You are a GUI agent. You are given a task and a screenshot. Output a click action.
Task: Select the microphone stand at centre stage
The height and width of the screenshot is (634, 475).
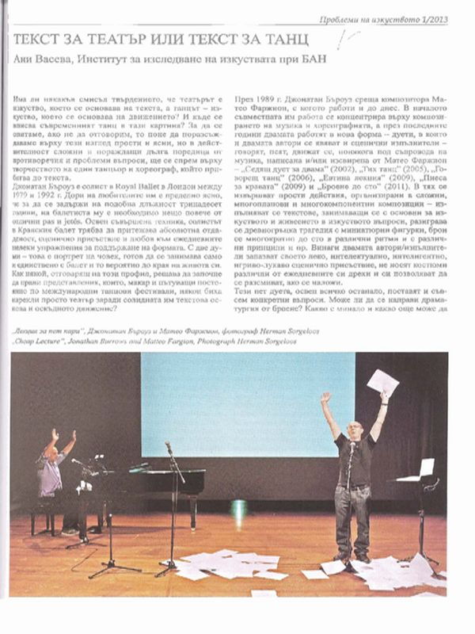(172, 507)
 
